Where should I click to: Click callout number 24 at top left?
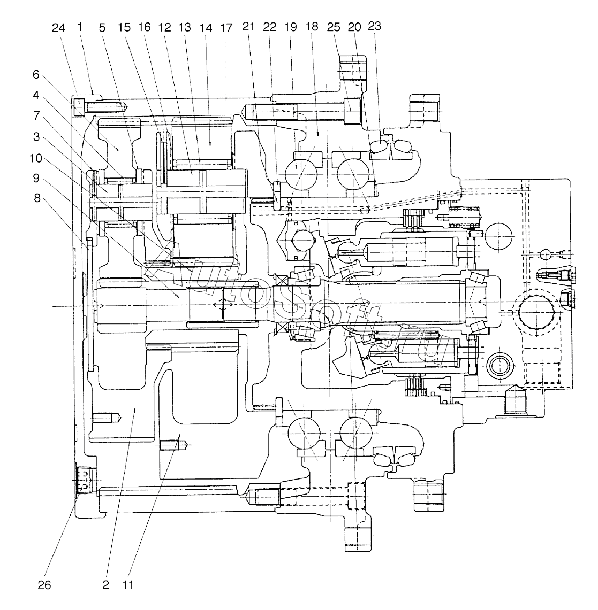(58, 28)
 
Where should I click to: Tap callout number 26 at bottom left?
(44, 585)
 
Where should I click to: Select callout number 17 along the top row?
(226, 28)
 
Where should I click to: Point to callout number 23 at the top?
(374, 26)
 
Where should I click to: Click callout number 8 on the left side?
(37, 198)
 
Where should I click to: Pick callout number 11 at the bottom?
(128, 584)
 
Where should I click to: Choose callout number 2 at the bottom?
(105, 585)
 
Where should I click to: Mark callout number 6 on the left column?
(36, 74)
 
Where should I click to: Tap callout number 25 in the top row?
(334, 27)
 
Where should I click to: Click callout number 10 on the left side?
(36, 158)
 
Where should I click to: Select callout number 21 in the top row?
(248, 27)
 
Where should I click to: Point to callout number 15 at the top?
(124, 28)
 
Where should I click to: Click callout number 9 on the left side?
(36, 178)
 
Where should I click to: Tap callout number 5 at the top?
(102, 28)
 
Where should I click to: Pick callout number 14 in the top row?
(206, 28)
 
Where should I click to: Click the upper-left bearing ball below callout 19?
(301, 174)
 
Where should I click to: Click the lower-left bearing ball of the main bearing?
(304, 433)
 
